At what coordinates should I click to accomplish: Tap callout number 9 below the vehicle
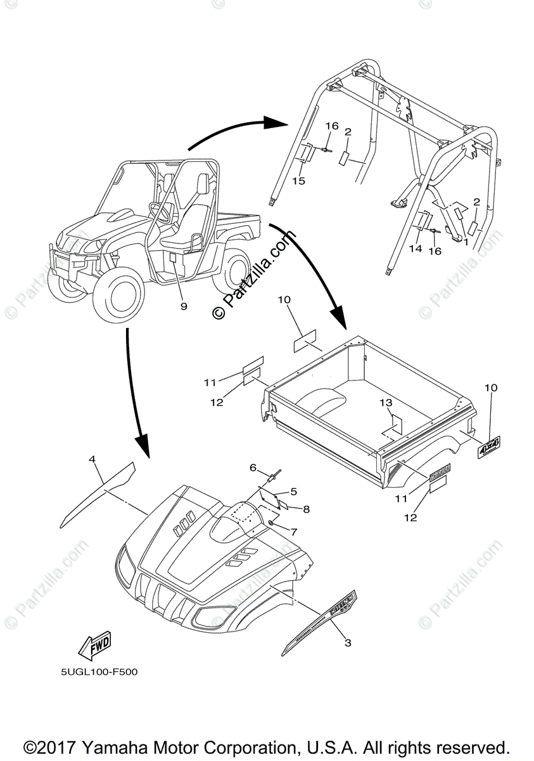click(x=184, y=306)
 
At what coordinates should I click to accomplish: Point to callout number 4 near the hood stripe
click(x=92, y=458)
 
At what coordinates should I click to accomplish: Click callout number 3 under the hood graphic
click(x=347, y=643)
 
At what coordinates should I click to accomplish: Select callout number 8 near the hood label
click(x=306, y=508)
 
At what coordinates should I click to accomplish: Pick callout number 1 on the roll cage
click(x=466, y=242)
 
